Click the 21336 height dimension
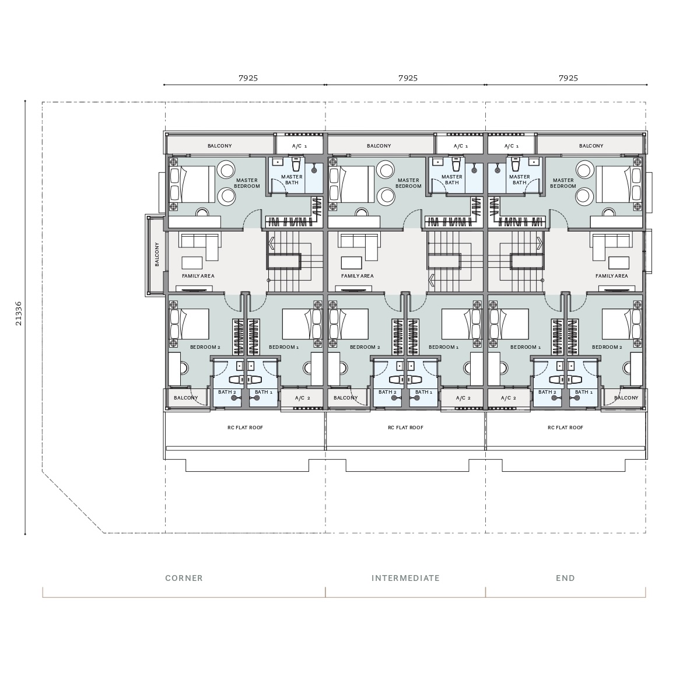[18, 313]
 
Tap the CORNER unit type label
[184, 578]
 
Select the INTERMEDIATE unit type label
[405, 578]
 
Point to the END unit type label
[565, 578]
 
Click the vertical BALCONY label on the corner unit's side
[157, 254]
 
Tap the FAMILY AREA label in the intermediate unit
[358, 276]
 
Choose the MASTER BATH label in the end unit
[520, 179]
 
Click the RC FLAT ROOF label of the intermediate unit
[405, 428]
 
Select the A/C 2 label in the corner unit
[302, 398]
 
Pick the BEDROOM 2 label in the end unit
[607, 347]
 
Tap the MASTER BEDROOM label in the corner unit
[247, 183]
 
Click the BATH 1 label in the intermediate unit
[424, 392]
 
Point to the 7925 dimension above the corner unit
[248, 78]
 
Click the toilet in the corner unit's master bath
[296, 164]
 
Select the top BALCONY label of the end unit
[591, 146]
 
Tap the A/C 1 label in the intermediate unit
[460, 146]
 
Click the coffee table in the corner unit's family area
[192, 262]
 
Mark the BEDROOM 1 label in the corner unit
[283, 347]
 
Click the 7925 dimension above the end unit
[568, 78]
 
